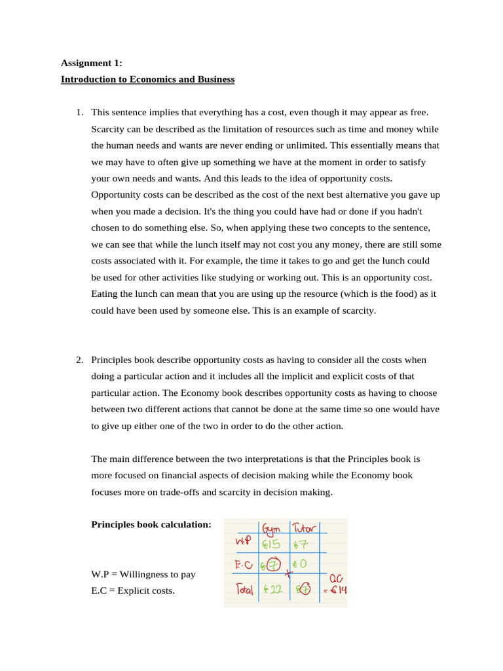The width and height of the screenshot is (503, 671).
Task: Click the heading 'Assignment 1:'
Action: point(91,63)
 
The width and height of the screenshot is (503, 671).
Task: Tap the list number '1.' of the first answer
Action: point(79,112)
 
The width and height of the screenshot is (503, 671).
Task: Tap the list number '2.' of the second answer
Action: point(79,360)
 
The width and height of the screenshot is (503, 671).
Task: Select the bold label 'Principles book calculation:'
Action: point(151,524)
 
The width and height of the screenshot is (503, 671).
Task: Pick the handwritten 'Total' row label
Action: point(244,590)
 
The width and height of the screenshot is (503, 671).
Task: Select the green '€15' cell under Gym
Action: point(270,545)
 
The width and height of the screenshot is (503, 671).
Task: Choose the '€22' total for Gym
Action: point(270,589)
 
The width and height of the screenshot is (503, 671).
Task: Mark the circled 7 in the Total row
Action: point(304,589)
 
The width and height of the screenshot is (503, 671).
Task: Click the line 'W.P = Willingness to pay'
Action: point(143,574)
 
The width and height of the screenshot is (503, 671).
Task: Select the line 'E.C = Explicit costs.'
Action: point(133,590)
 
